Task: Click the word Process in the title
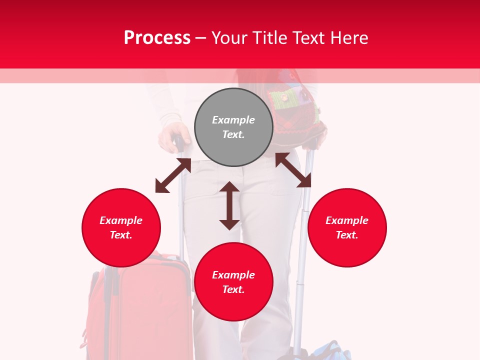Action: tap(157, 38)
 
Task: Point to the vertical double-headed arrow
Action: tap(229, 205)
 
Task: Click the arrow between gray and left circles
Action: tap(173, 175)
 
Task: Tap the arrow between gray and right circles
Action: tap(293, 170)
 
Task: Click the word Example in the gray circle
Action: tap(233, 120)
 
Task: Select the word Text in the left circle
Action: tap(121, 235)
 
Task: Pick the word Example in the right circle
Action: tap(347, 220)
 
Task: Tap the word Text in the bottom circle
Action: tap(233, 289)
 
